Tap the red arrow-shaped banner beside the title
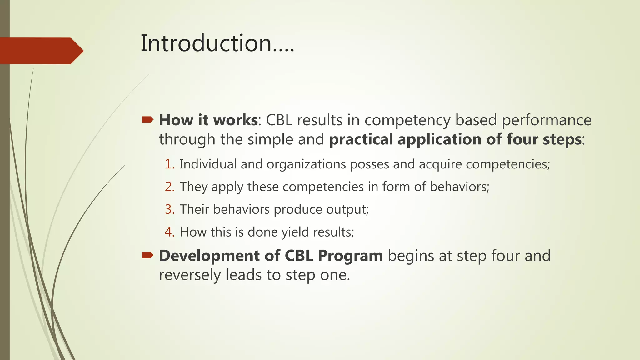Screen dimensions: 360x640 [x=41, y=51]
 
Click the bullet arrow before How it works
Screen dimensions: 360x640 [x=147, y=120]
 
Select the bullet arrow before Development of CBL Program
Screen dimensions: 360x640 [x=147, y=256]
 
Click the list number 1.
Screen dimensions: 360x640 [x=169, y=164]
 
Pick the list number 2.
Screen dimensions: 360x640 [x=169, y=187]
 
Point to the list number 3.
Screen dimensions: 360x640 [x=169, y=209]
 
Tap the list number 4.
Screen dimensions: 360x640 [x=169, y=232]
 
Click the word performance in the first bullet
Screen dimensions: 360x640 [x=547, y=120]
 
